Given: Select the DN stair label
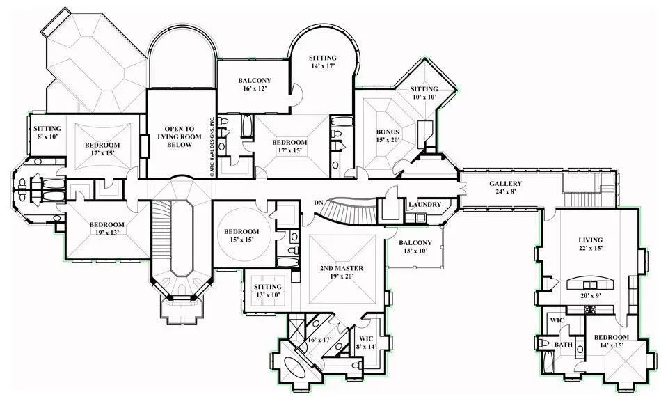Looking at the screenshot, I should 319,203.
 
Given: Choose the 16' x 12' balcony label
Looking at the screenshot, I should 254,85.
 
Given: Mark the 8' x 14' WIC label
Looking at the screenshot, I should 365,341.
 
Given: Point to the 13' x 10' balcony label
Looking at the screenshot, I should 415,247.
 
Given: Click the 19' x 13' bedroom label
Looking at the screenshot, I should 106,229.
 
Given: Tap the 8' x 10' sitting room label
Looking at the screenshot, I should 47,132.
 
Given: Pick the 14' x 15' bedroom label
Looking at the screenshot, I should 611,342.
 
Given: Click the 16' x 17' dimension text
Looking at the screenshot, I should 320,340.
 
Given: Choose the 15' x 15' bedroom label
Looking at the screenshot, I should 241,235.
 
